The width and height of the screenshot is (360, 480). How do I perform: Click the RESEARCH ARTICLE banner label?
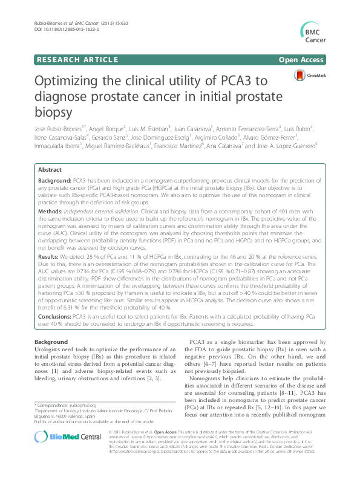point(77,60)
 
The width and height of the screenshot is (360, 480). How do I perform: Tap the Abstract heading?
point(49,171)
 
